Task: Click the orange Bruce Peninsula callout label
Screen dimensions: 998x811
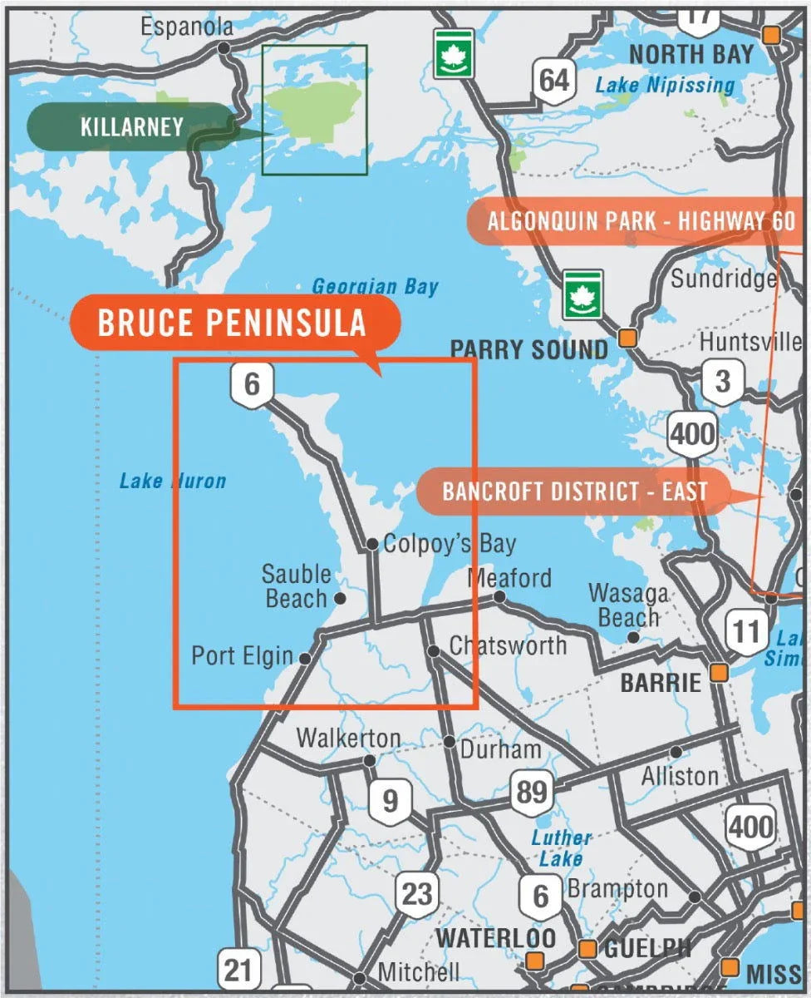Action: coord(233,323)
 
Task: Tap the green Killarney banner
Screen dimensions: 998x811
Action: coord(131,127)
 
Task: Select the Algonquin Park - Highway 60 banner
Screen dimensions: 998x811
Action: coord(640,222)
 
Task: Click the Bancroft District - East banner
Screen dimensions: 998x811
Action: coord(573,491)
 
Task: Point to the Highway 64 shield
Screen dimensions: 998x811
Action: coord(553,81)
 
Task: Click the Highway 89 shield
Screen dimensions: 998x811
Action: coord(531,791)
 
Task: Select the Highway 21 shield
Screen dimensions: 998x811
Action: coord(238,970)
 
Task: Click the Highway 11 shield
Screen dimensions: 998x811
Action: coord(745,632)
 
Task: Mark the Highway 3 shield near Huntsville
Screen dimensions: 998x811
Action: coord(722,382)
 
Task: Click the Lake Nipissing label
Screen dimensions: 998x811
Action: coord(665,85)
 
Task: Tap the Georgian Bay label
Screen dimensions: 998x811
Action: coord(375,288)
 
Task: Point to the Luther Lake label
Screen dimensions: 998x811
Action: coord(561,847)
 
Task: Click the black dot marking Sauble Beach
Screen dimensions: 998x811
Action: coord(339,598)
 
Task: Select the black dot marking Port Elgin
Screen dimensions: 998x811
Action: coord(305,658)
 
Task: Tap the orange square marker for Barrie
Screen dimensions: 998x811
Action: coord(718,671)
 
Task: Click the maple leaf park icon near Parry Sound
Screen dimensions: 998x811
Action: coord(582,294)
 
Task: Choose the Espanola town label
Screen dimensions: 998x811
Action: coord(187,27)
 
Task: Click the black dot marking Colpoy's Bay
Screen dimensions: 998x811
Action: coord(372,545)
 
